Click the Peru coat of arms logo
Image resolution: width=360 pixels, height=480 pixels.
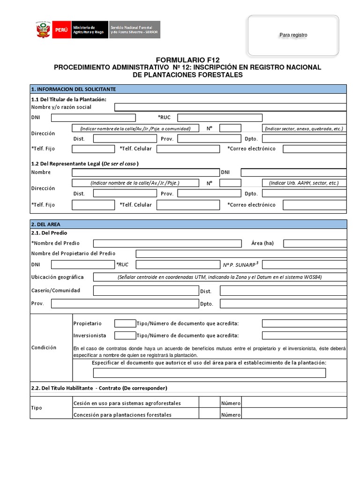pos(43,30)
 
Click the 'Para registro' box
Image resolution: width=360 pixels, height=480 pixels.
pos(293,35)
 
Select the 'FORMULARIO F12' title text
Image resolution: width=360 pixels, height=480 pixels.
pos(187,60)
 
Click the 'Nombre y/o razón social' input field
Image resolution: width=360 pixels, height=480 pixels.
pos(230,107)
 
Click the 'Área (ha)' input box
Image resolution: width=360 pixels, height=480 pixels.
pos(315,243)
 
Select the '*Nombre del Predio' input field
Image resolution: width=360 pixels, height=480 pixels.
pos(167,243)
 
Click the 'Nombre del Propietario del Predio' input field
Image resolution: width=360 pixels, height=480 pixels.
pos(241,254)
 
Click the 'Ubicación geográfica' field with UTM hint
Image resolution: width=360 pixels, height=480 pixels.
pos(220,277)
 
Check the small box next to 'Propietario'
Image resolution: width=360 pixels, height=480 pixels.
pos(125,323)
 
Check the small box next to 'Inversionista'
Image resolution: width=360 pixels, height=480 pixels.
pos(125,336)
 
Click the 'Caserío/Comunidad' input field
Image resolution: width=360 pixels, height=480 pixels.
pos(146,291)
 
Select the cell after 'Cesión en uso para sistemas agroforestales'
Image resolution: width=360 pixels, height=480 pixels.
pos(209,403)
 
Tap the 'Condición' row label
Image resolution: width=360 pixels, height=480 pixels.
pos(44,347)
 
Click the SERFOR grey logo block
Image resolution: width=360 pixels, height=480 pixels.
pos(135,30)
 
